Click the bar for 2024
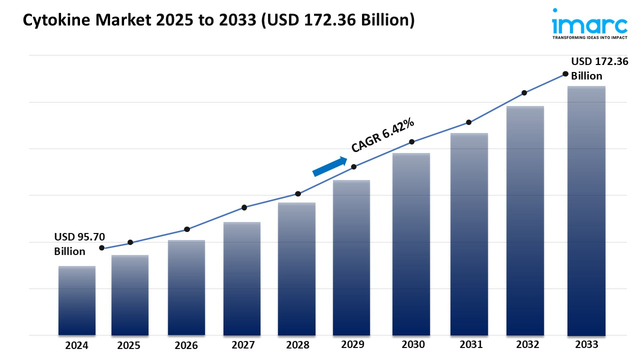(x=77, y=300)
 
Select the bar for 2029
(x=351, y=257)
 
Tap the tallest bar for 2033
(x=586, y=210)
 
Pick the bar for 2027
(x=242, y=278)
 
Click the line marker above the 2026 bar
(x=187, y=229)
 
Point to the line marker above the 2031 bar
(x=468, y=122)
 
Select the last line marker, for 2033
(x=565, y=74)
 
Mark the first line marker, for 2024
(x=102, y=248)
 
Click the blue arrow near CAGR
(x=330, y=166)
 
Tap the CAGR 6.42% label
(x=382, y=135)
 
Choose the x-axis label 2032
(x=527, y=344)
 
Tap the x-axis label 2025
(x=129, y=345)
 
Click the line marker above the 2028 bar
(x=298, y=193)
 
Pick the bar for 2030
(x=411, y=244)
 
